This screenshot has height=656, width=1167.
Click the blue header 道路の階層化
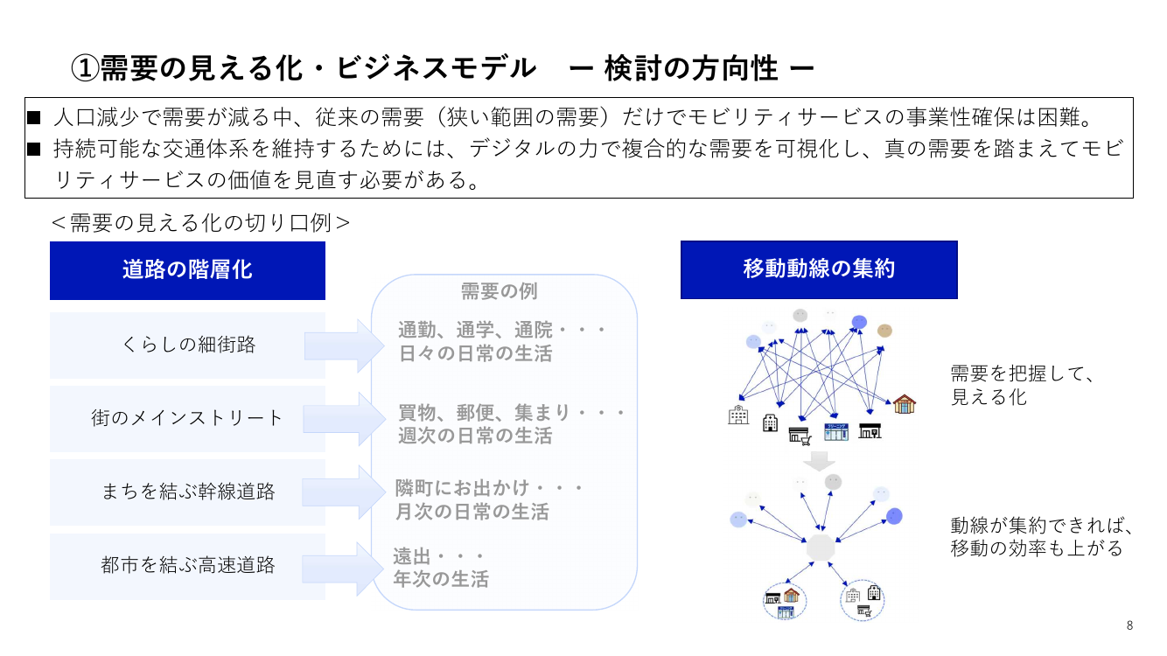point(187,270)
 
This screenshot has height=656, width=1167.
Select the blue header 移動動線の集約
point(819,270)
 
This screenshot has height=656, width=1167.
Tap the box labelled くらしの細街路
point(187,345)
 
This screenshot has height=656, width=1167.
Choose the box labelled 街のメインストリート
point(187,419)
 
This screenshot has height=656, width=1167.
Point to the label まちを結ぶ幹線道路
point(188,492)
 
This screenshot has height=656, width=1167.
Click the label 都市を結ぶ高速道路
point(188,565)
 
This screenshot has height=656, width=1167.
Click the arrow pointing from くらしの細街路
point(345,345)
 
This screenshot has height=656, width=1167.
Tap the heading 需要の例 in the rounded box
point(500,291)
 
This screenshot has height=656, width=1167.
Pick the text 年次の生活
point(441,579)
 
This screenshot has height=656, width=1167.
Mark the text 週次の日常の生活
point(475,436)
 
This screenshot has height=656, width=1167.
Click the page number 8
point(1129,625)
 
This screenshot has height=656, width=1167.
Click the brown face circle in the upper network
point(884,331)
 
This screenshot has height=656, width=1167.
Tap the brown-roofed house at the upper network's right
point(905,404)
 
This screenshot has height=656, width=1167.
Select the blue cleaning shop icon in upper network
point(836,432)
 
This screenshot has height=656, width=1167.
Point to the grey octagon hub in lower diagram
point(821,548)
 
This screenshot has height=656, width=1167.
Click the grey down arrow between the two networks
point(819,461)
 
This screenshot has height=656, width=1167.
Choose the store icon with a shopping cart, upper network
point(800,436)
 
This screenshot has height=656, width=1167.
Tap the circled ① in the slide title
point(84,68)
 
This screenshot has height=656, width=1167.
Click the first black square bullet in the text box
point(34,118)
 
